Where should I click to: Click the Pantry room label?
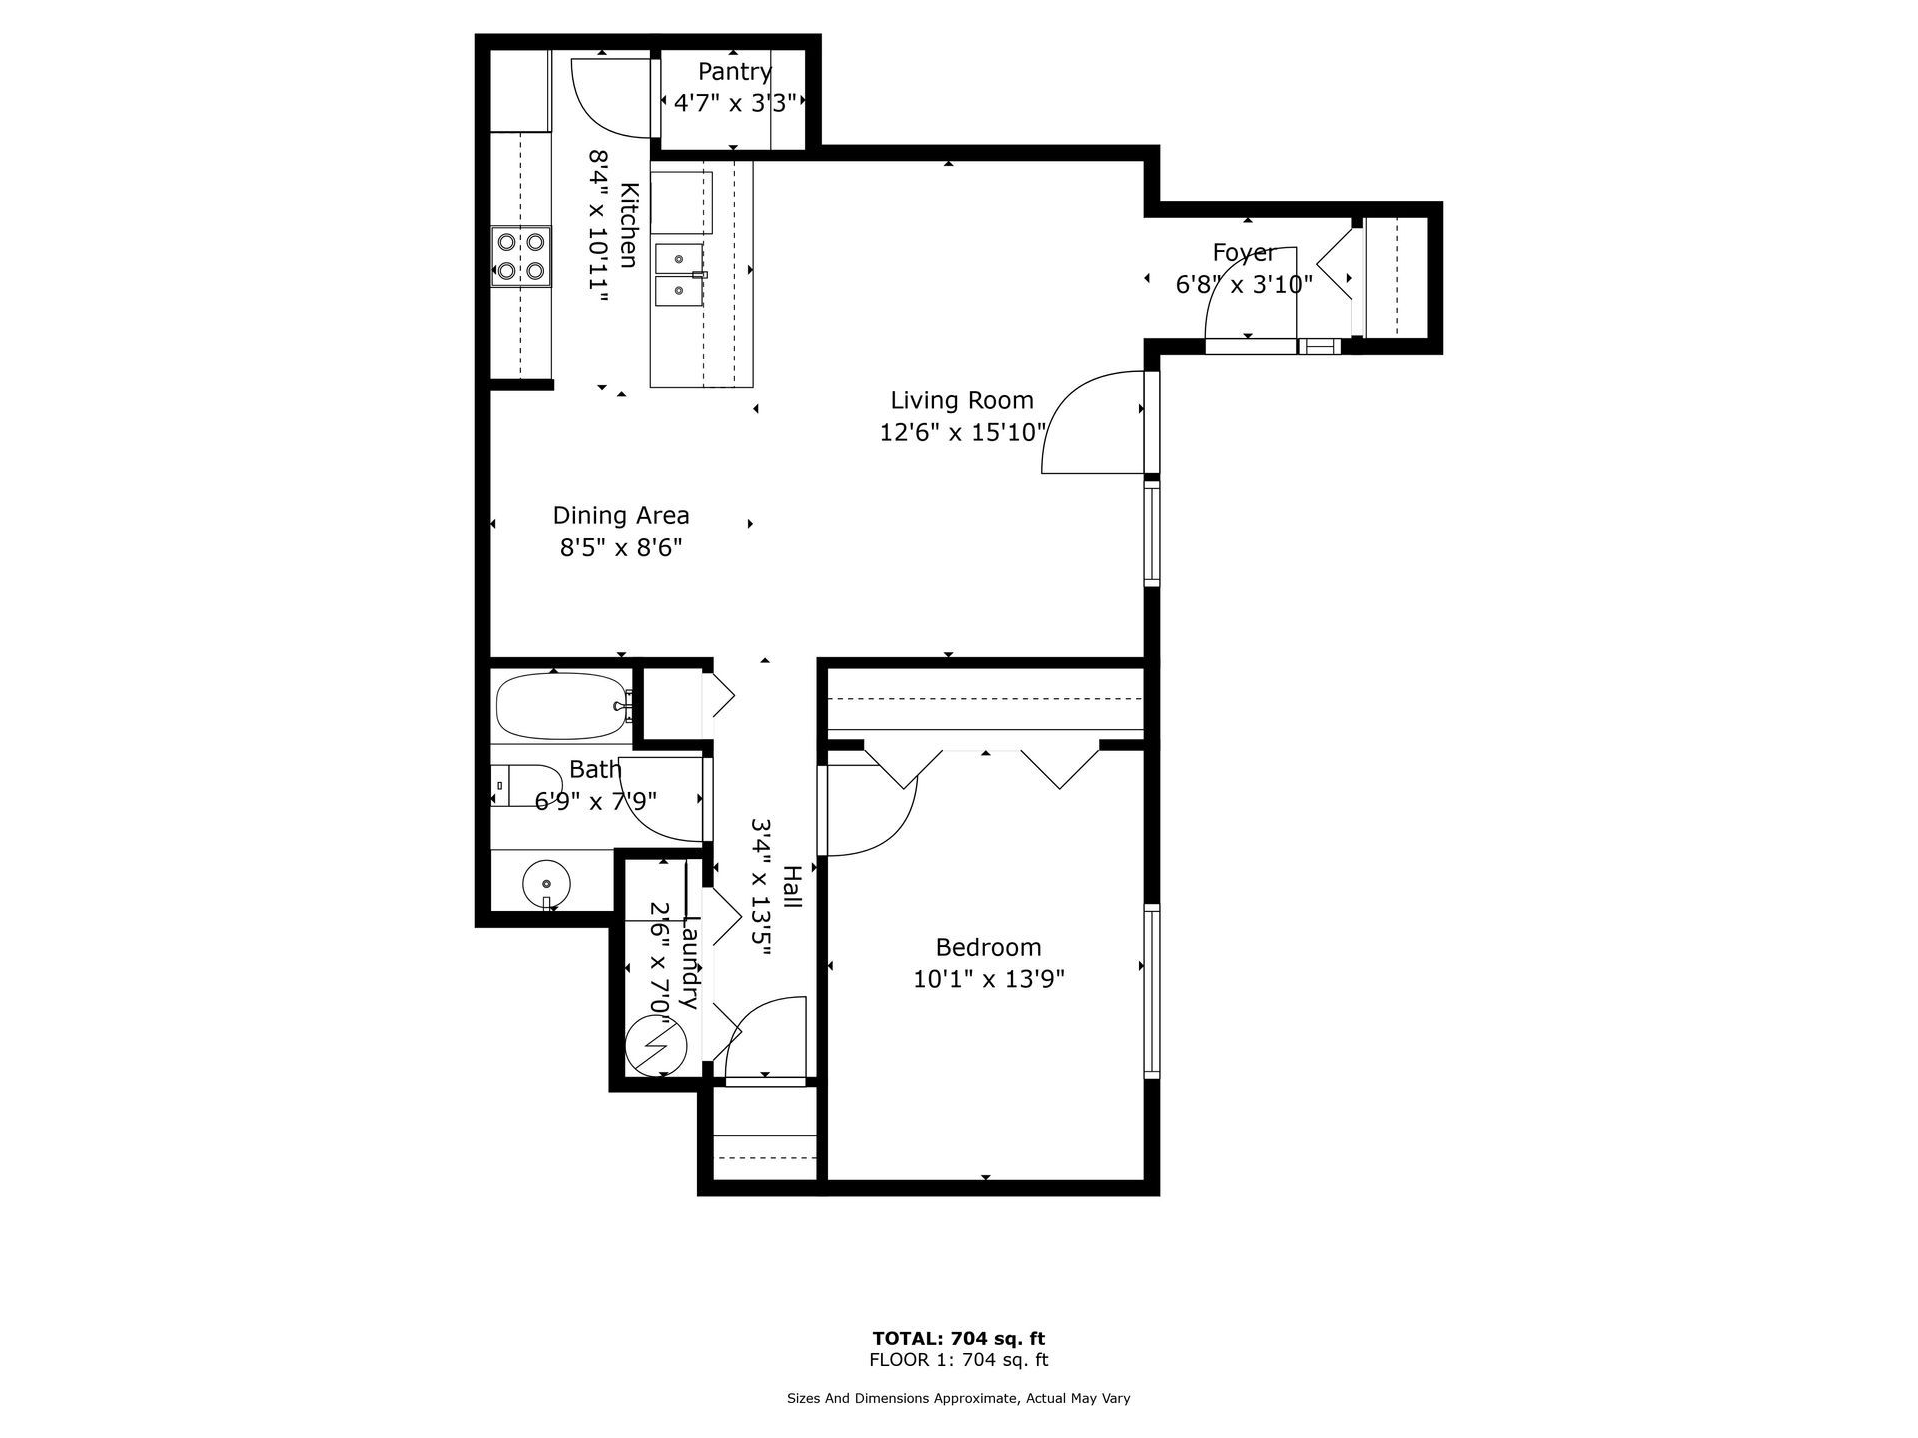click(734, 72)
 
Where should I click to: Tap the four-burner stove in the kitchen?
click(520, 256)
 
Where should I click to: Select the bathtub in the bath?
click(563, 706)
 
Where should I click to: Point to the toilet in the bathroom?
click(527, 785)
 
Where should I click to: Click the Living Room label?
click(962, 401)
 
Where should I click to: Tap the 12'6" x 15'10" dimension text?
click(962, 433)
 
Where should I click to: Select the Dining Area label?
click(621, 516)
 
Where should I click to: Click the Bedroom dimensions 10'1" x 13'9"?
click(989, 979)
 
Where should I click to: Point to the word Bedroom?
click(988, 947)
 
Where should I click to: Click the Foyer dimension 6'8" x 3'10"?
click(1244, 285)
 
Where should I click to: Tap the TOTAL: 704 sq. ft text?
click(959, 1338)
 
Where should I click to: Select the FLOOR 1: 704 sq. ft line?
click(959, 1360)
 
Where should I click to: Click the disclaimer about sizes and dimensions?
click(959, 1399)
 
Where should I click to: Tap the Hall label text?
click(792, 887)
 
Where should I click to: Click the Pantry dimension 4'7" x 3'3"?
click(734, 103)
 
